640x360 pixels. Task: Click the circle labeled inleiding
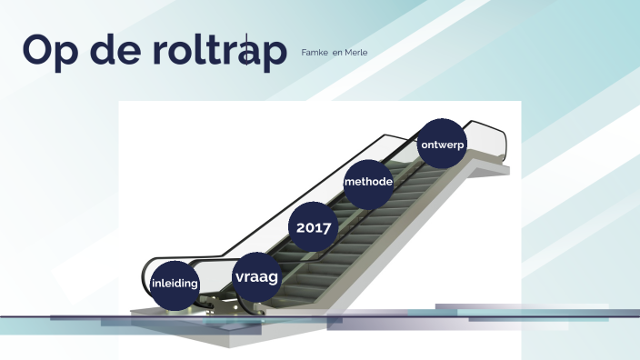click(x=175, y=283)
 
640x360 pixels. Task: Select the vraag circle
click(x=256, y=276)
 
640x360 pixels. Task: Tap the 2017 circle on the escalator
click(x=313, y=227)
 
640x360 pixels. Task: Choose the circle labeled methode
click(x=368, y=182)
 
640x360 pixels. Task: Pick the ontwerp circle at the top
click(x=443, y=145)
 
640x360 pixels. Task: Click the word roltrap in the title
click(x=217, y=52)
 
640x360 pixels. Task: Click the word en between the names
click(x=337, y=53)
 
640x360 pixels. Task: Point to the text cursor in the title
click(x=245, y=52)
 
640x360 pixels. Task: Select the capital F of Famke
click(x=304, y=53)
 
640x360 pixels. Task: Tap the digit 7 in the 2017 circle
click(x=327, y=227)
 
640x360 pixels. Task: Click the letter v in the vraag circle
click(x=239, y=277)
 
